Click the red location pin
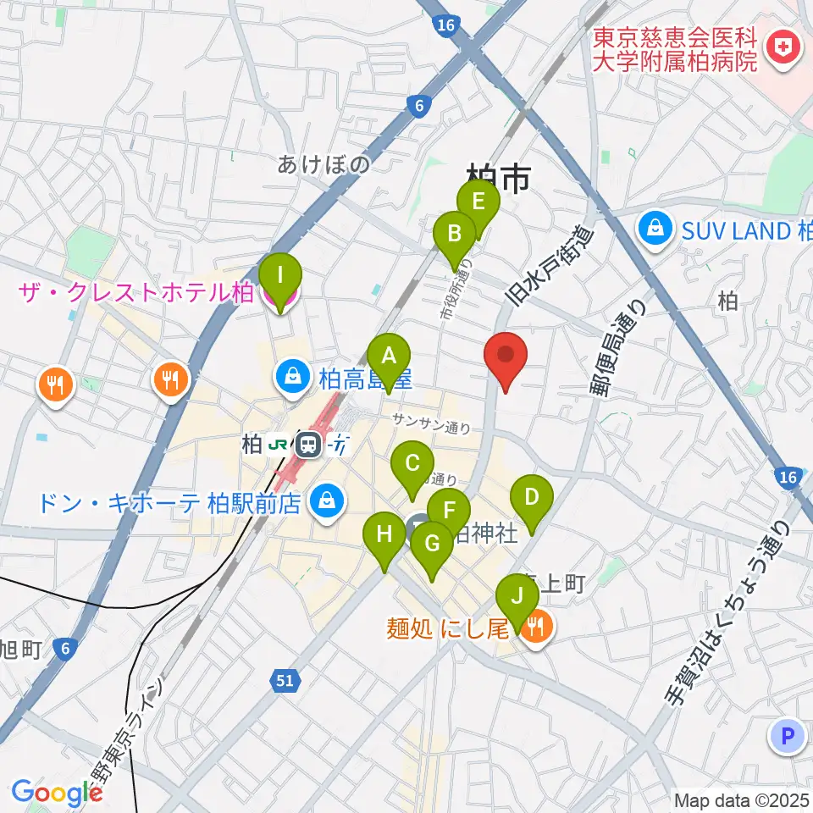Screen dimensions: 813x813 506,360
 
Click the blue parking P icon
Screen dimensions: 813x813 787,736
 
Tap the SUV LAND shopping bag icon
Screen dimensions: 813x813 656,229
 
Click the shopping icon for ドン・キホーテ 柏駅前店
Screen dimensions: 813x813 325,502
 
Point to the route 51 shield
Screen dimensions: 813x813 285,679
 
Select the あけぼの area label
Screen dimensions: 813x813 324,164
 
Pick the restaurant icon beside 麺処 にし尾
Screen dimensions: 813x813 535,628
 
